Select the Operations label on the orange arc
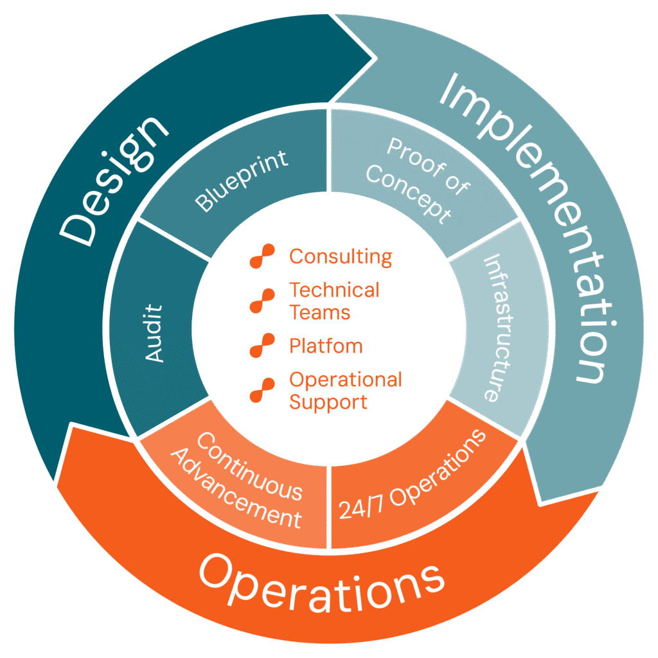(321, 582)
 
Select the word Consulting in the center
(340, 256)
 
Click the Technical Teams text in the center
(333, 301)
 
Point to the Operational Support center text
(344, 390)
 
